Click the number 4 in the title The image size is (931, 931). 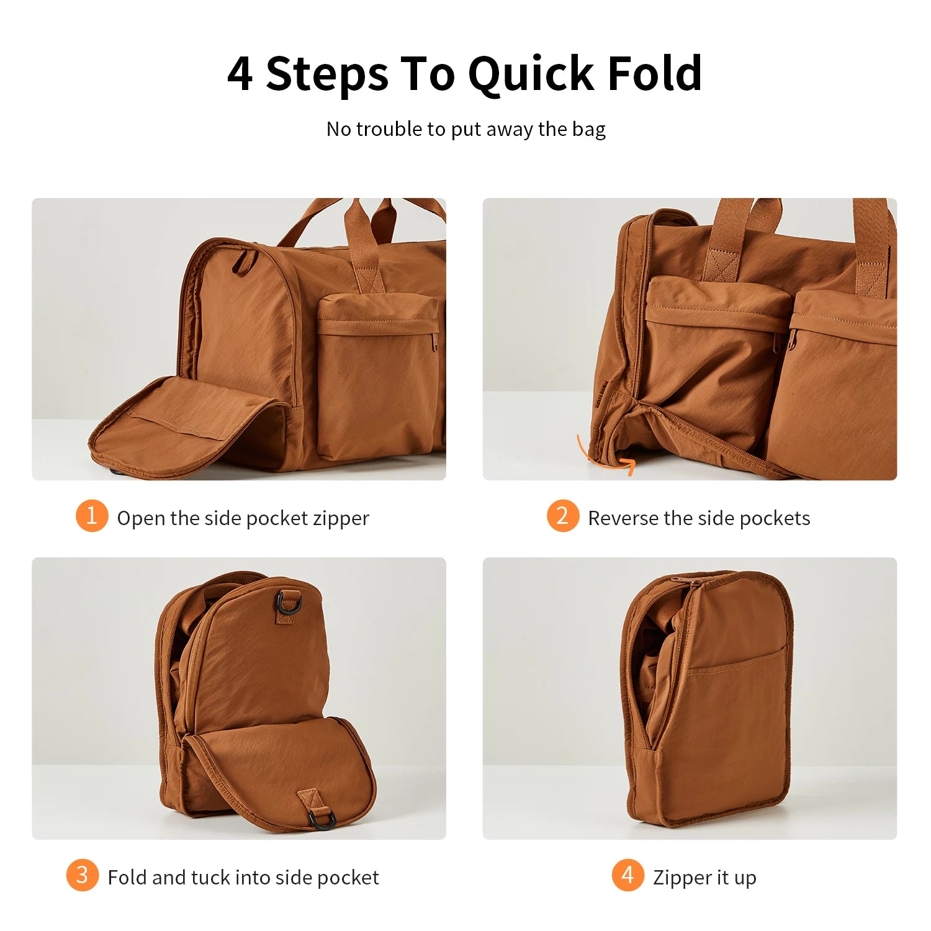(240, 74)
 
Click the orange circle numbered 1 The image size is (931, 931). (92, 516)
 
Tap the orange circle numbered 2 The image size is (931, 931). (562, 516)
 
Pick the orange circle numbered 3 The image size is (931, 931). (82, 875)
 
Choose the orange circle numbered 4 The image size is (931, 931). (627, 875)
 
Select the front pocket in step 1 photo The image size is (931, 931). (377, 379)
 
